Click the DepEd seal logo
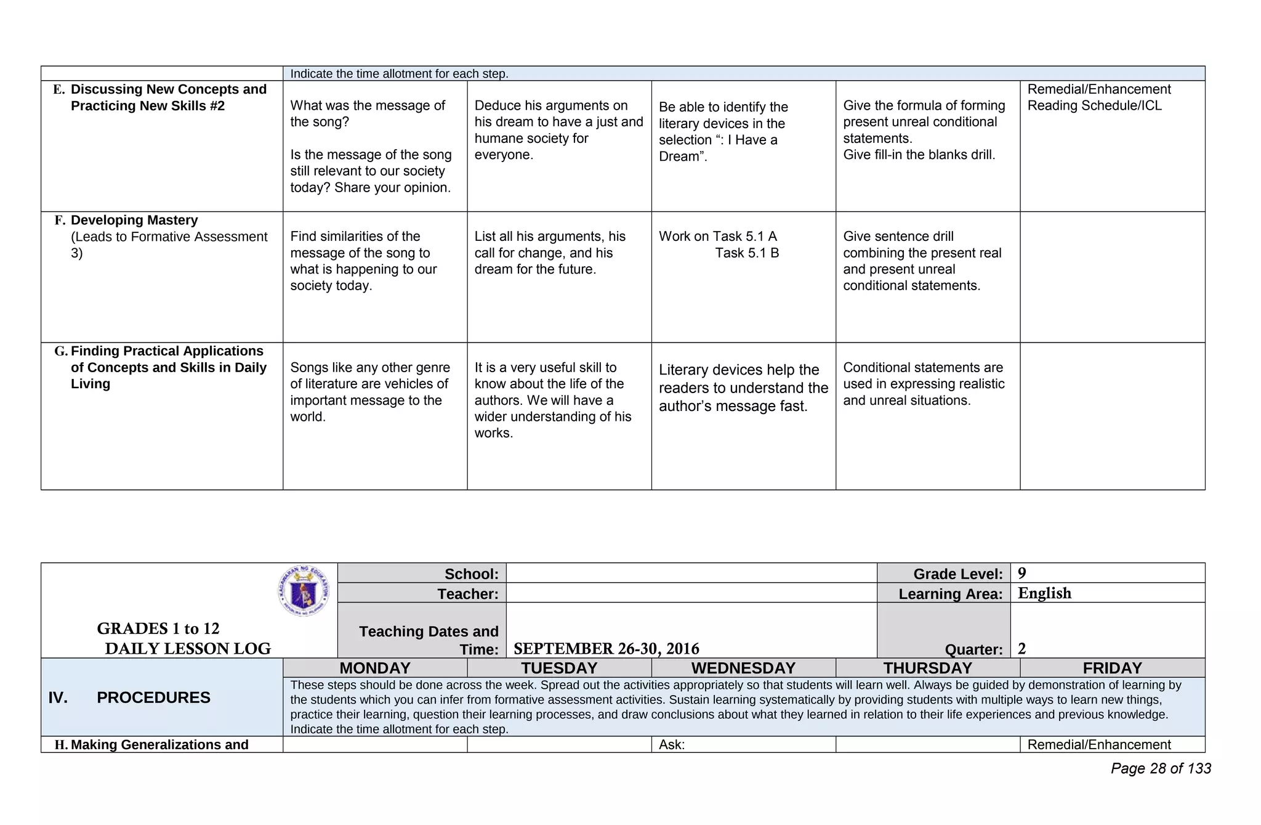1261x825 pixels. click(304, 591)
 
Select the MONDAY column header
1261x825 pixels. click(375, 668)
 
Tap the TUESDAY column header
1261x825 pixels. click(559, 668)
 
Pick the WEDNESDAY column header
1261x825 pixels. click(743, 668)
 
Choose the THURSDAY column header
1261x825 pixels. click(927, 668)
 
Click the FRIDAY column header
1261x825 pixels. click(1112, 668)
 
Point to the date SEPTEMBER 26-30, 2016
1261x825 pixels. click(606, 649)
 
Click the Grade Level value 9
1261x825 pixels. click(1022, 574)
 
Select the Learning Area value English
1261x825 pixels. click(1044, 593)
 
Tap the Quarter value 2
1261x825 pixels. click(1022, 649)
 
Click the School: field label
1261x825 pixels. click(472, 574)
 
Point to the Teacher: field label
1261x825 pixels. click(468, 594)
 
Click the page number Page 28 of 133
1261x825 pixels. click(1161, 768)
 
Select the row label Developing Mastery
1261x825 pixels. click(134, 221)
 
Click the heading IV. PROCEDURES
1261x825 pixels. click(129, 697)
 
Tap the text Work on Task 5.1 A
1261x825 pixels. click(718, 237)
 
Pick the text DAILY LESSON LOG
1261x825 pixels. click(188, 649)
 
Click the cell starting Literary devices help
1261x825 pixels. click(743, 388)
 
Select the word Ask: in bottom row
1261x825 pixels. click(672, 745)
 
